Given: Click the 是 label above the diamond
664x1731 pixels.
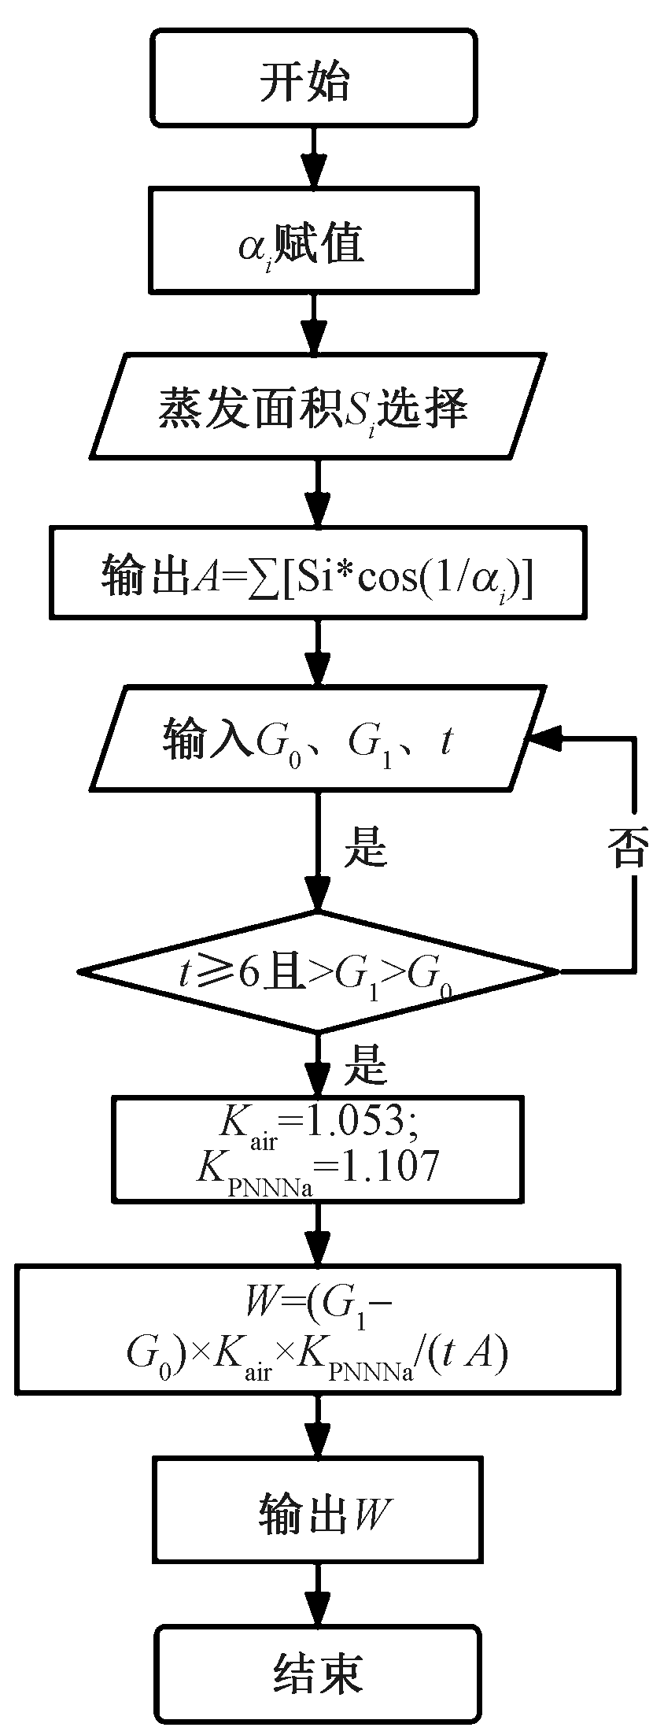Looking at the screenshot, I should (366, 849).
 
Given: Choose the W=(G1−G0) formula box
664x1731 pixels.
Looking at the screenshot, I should (319, 1329).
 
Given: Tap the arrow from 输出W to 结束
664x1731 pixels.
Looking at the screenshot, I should (319, 1592).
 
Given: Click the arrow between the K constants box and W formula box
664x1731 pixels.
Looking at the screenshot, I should (319, 1234).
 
